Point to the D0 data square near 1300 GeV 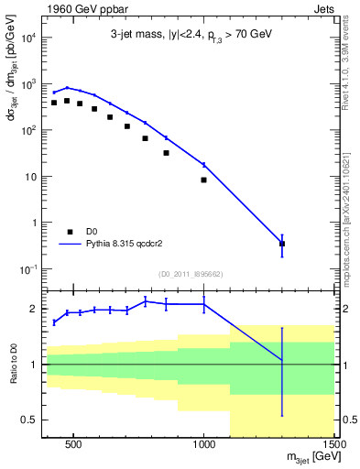[x=282, y=244]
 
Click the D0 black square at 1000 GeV [x=203, y=180]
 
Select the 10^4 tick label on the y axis [x=27, y=38]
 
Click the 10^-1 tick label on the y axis [x=27, y=268]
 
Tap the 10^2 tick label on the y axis [x=27, y=130]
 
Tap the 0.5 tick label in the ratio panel [x=28, y=420]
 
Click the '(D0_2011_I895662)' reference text [x=189, y=273]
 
